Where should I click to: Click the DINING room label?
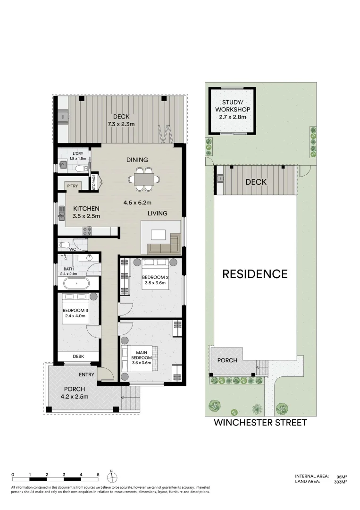point(137,160)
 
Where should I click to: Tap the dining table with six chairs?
point(142,179)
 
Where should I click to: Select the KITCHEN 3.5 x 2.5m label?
point(86,212)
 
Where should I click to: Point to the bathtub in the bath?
point(75,284)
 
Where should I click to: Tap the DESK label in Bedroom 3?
point(78,357)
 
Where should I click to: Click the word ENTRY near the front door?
point(87,375)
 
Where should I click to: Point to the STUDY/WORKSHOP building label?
point(232,110)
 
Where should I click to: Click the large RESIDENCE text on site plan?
point(255,274)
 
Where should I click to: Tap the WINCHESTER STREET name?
point(260,423)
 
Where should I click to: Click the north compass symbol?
point(112,476)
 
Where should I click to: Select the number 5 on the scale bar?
point(98,474)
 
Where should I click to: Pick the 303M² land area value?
point(340,482)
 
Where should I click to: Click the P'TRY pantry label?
point(72,186)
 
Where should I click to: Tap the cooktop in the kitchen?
point(87,231)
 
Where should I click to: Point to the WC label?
point(73,249)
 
